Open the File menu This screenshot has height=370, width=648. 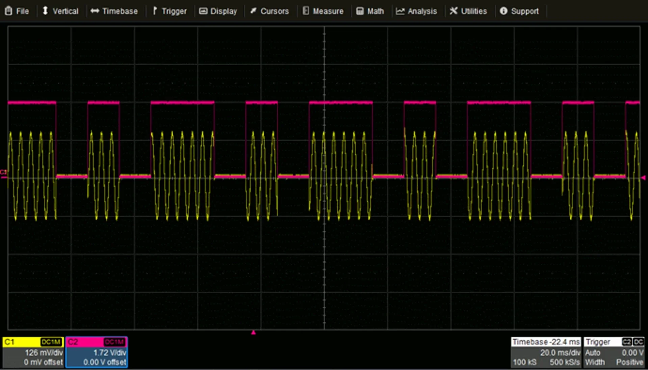17,11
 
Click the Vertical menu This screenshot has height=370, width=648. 60,11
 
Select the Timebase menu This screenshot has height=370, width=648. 114,11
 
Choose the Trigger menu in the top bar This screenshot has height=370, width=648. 170,11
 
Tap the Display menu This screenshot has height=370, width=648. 218,11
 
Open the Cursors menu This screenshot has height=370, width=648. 269,11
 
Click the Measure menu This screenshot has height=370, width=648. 323,11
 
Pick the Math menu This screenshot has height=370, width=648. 370,11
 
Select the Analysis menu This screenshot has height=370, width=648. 416,11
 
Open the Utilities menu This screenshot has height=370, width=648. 468,11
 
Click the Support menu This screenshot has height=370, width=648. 519,11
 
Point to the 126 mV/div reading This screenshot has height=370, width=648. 44,353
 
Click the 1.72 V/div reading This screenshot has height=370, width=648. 109,353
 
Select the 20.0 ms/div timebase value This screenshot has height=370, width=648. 560,353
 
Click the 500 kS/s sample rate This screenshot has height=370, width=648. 565,362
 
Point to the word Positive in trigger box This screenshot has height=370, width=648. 630,362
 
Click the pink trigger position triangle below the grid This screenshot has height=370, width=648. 254,333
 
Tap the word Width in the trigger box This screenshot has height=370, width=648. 595,362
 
